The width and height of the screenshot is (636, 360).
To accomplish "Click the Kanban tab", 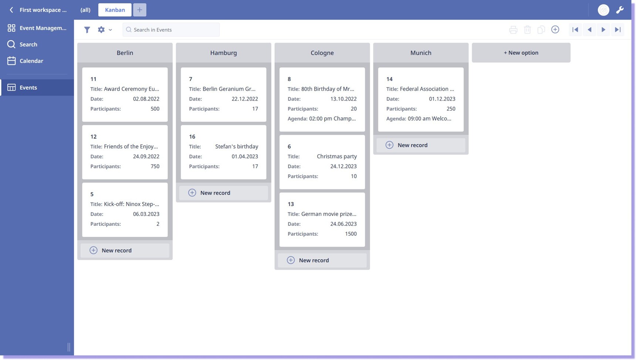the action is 115,10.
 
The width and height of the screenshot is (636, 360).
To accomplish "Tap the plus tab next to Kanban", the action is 139,10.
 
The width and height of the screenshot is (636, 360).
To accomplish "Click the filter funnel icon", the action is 87,30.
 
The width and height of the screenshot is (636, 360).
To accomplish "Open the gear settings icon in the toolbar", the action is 101,30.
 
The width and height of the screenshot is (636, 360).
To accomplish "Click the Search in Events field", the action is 171,30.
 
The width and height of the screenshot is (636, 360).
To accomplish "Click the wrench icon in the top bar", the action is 620,10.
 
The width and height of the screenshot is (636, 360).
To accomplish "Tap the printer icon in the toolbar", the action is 513,30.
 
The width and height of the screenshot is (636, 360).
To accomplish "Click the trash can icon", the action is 527,30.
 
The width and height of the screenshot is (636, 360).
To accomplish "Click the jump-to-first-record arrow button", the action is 575,30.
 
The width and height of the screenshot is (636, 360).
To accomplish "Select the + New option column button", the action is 521,53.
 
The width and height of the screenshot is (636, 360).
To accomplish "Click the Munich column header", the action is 421,53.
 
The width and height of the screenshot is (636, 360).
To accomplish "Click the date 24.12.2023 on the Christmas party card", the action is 343,166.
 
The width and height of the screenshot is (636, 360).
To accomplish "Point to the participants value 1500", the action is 351,234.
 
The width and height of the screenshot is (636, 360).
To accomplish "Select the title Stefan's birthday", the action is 237,147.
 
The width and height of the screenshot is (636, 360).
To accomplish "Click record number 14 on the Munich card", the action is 389,79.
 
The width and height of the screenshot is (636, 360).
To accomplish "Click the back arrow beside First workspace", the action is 11,10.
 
